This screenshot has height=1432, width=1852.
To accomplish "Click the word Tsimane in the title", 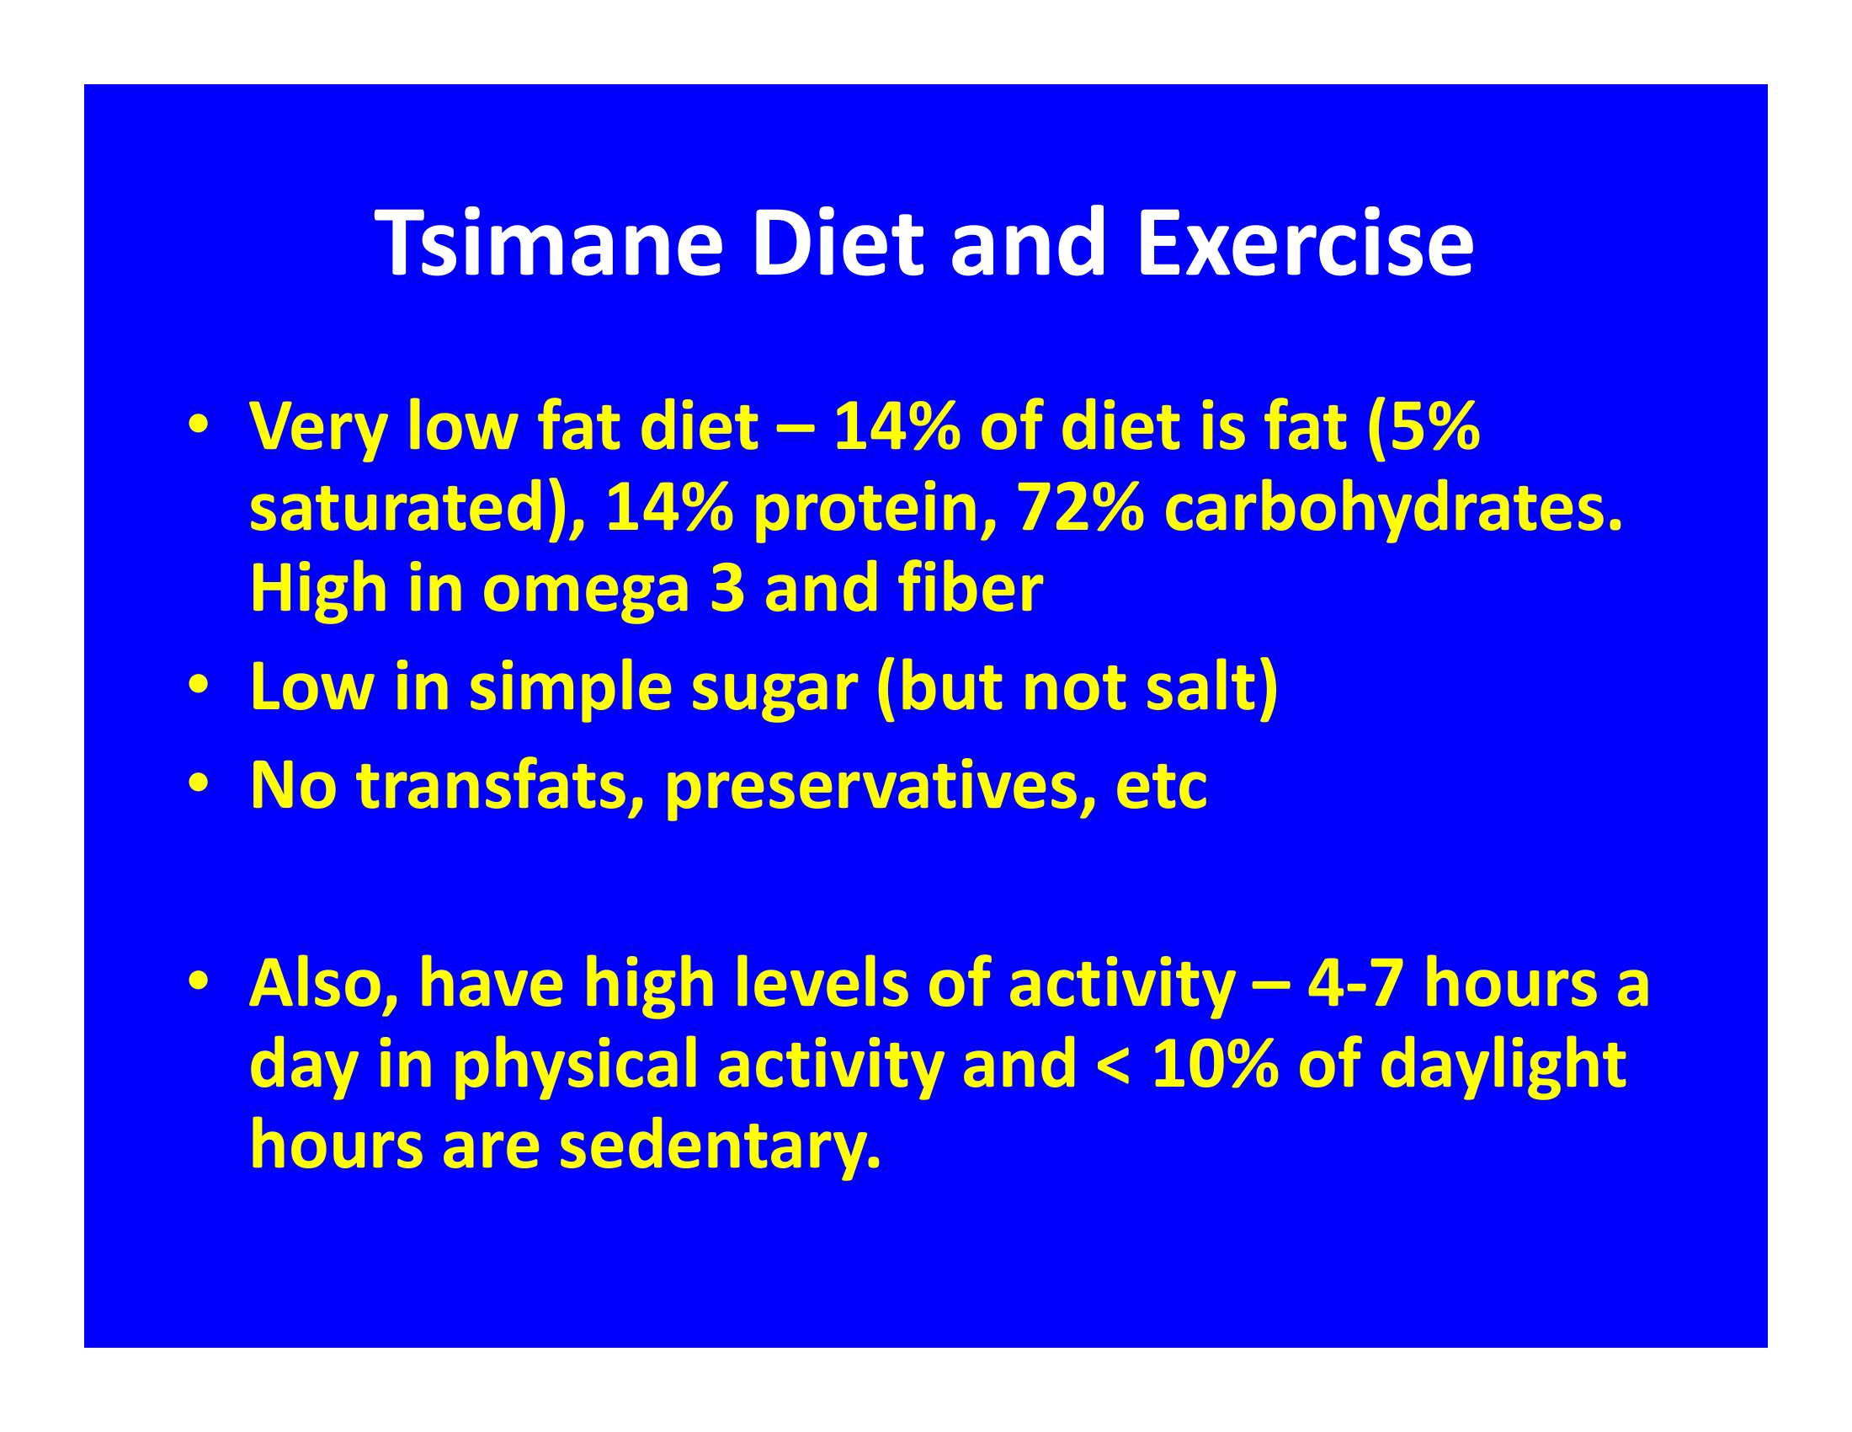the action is point(550,243).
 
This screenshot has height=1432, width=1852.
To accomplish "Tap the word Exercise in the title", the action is point(1306,243).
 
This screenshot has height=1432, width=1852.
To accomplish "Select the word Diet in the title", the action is point(837,243).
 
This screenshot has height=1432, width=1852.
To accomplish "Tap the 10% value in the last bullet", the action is point(1215,1065).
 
